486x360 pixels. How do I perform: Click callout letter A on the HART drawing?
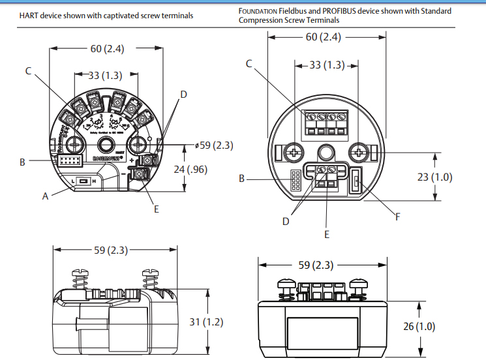click(x=46, y=196)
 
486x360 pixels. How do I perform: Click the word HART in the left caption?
click(x=30, y=16)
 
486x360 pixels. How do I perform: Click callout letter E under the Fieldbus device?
click(x=327, y=234)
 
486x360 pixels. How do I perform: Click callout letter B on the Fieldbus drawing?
click(x=242, y=178)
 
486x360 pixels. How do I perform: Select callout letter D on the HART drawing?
click(x=183, y=95)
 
